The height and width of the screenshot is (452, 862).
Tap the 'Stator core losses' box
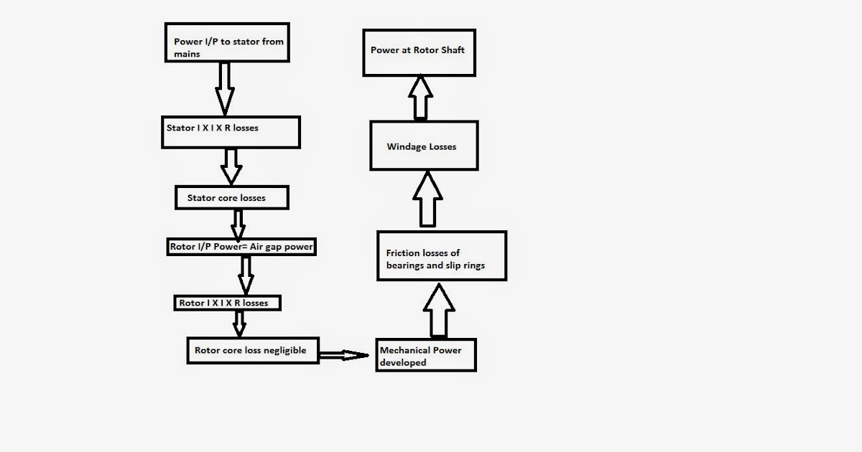coord(232,197)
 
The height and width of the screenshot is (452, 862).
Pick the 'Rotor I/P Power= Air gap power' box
coord(241,247)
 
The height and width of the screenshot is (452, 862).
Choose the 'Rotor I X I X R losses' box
coord(227,303)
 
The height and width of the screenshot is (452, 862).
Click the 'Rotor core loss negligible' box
coord(252,350)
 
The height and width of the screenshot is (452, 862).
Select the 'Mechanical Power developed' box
coord(425,356)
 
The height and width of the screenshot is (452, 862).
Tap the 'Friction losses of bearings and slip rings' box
coord(442,258)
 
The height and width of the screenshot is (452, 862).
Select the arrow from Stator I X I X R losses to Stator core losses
coord(231,166)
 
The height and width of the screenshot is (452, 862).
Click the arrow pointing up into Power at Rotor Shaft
coord(420,97)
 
